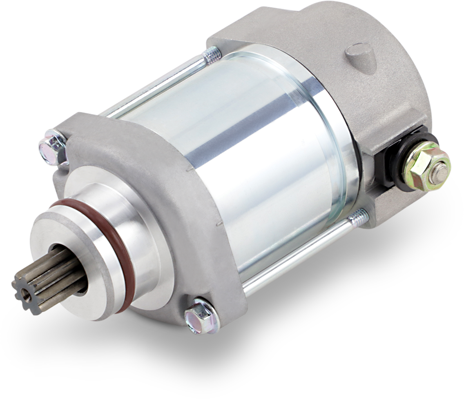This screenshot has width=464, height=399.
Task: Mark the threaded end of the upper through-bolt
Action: pos(211,55)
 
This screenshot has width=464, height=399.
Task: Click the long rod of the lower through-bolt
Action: pos(298,257)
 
